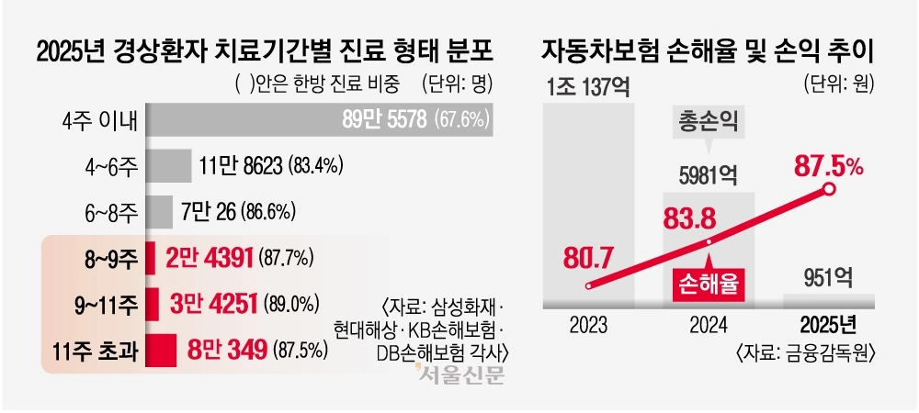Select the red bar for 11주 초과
click(x=161, y=349)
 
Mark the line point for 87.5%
click(x=829, y=190)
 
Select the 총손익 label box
click(x=709, y=122)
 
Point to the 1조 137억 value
click(x=587, y=88)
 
